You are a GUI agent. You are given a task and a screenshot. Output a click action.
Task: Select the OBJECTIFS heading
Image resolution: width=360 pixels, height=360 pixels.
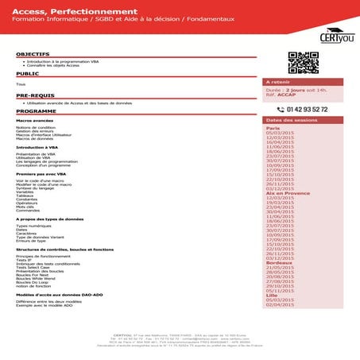pos(33,54)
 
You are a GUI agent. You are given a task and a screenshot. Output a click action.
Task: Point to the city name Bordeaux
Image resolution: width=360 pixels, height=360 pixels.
pos(279,262)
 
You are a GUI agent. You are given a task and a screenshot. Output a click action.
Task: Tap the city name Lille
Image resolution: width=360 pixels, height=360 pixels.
pos(271,295)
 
